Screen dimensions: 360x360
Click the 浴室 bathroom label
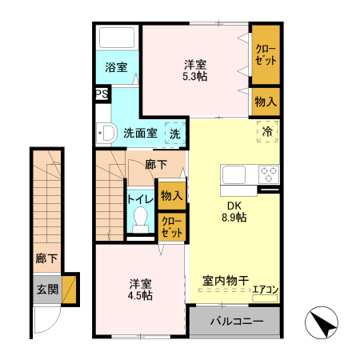pos(117,67)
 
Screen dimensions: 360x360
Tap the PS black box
pos(102,94)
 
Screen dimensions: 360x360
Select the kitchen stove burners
pos(267,174)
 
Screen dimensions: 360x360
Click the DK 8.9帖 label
pos(234,210)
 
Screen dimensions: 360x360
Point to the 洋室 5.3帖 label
pos(195,70)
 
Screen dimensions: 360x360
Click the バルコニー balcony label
pos(236,322)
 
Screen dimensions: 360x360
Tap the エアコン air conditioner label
pos(266,289)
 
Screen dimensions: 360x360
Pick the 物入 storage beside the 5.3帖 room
pos(266,102)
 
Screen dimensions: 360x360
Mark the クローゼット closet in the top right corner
pos(266,55)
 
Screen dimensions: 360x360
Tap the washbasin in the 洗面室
pos(103,134)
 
